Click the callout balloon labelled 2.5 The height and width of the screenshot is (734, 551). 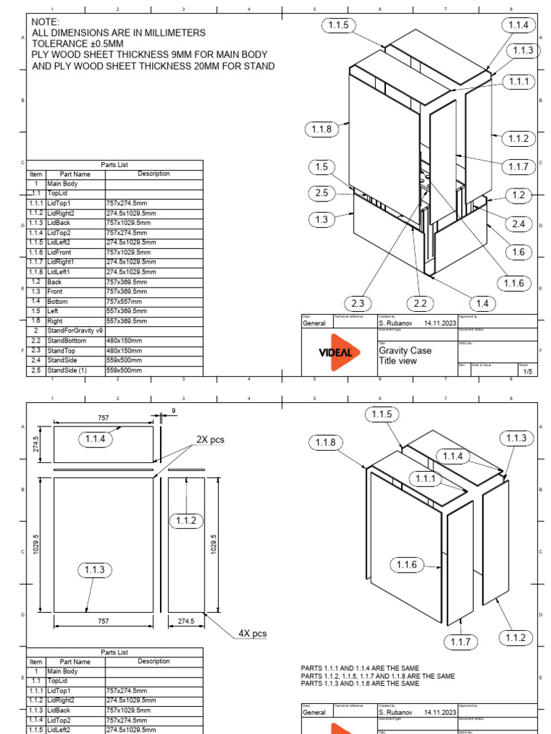coord(321,193)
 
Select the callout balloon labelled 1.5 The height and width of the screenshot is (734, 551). coord(321,167)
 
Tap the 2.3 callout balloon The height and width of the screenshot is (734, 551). coord(359,303)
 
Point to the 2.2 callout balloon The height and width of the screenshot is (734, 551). coord(420,303)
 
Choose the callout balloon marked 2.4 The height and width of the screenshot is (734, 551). coord(518,224)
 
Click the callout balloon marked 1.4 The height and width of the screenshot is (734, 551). coord(481,303)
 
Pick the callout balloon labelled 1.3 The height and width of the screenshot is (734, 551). coord(321,219)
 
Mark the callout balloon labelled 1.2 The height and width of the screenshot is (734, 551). coord(518,195)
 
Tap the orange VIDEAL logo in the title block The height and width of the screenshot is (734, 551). coord(335,352)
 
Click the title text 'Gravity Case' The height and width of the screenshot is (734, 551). coord(405,351)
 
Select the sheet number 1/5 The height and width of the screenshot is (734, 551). coord(527,371)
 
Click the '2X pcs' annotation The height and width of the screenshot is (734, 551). coord(210,439)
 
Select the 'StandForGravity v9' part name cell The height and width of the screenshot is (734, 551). coord(75,331)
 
